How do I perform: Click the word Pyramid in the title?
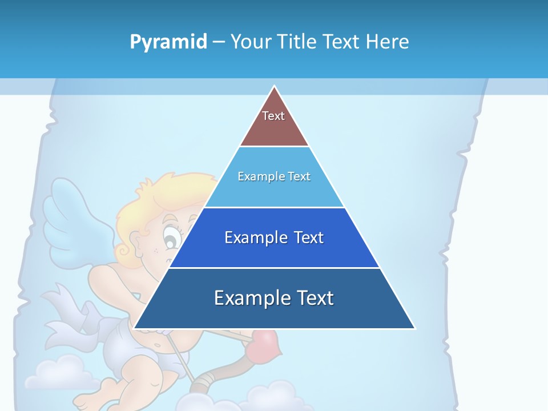tap(168, 42)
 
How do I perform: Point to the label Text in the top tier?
tap(273, 116)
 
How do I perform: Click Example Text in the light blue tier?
tap(274, 176)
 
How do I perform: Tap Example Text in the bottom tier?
tap(274, 298)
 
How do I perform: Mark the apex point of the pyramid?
tap(275, 87)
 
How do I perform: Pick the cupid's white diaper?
tap(131, 348)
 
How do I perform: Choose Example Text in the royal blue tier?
tap(274, 237)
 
